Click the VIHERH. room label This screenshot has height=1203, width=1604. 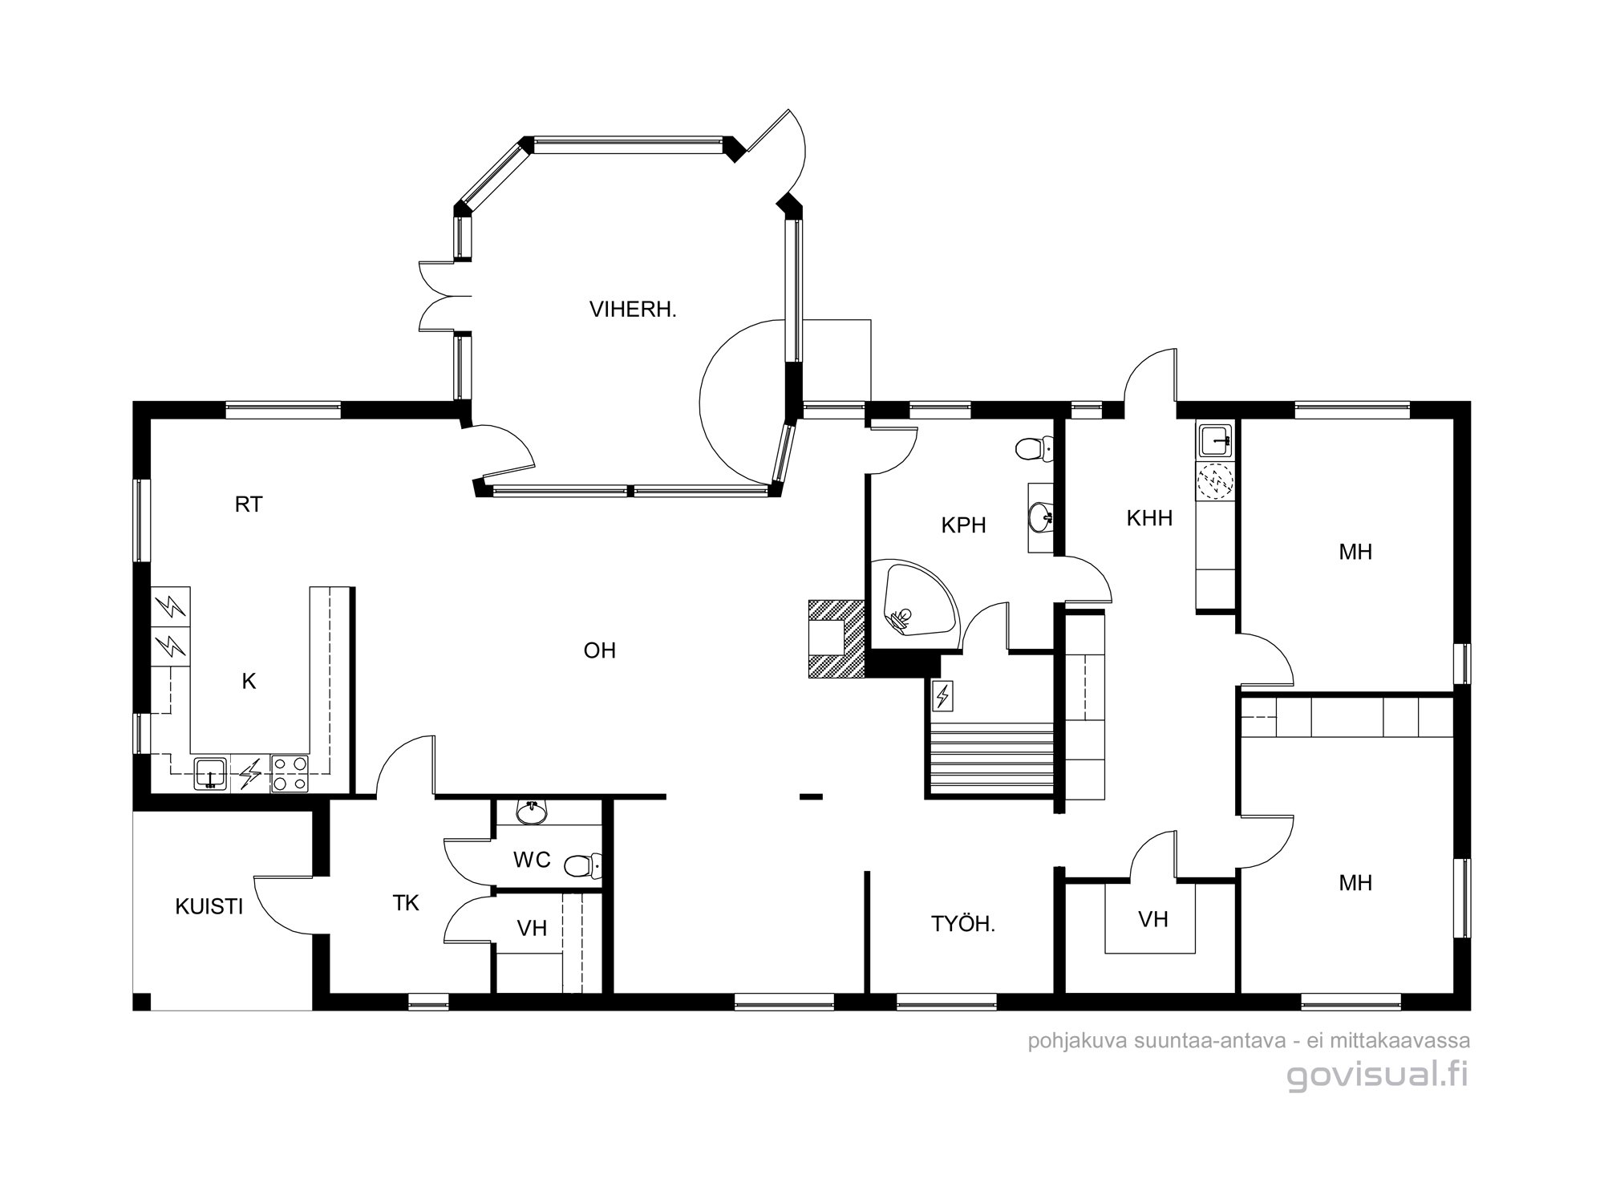coord(633,310)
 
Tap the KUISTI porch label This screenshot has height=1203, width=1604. coord(209,907)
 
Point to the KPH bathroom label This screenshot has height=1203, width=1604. coord(963,525)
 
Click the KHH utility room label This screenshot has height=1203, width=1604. coord(1149,518)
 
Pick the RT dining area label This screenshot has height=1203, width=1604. coord(249,504)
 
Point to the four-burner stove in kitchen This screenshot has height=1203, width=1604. coord(290,774)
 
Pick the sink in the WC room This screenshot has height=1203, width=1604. coord(530,813)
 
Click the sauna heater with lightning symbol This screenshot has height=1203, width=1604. coord(942,695)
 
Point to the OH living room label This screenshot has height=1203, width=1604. coord(600,650)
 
